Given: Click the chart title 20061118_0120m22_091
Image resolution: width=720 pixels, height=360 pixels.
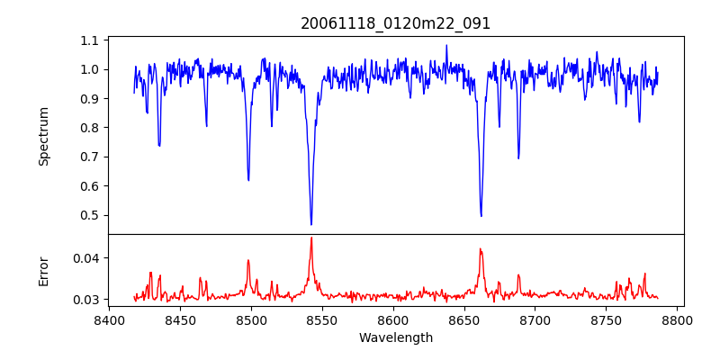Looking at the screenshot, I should (395, 23).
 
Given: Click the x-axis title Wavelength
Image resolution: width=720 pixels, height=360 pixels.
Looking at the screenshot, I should (395, 337).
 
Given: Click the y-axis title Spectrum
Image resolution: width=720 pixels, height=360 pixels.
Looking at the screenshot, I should (44, 136).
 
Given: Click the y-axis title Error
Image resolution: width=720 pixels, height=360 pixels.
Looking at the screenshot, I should (44, 271).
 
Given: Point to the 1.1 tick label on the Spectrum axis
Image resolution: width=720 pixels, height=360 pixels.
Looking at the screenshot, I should (89, 40).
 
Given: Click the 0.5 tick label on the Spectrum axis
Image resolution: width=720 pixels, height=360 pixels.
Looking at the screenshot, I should (89, 215).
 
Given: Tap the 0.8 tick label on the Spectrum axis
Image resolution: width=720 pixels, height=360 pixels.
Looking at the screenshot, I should (89, 128).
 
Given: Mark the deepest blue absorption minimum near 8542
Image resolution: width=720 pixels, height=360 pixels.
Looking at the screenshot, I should (311, 224).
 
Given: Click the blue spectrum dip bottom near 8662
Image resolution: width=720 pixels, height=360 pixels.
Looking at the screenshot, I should (481, 216).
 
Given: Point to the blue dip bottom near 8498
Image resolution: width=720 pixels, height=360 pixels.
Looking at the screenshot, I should (248, 180).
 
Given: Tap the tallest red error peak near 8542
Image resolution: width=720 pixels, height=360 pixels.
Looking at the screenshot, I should (311, 238).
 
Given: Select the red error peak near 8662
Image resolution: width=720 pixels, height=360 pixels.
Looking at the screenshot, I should (481, 249).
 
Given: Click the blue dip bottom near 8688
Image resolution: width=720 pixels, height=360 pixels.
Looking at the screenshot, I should (518, 158).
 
